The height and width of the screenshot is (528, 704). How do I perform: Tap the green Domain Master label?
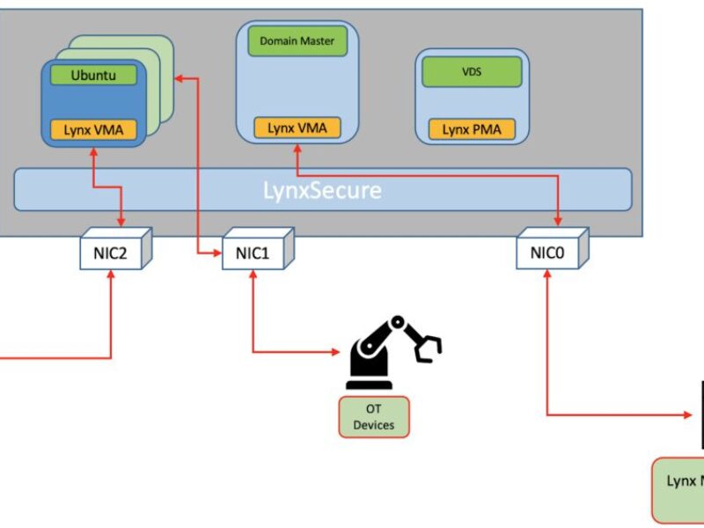(x=297, y=40)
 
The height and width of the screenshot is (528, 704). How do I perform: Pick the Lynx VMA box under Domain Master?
(x=297, y=128)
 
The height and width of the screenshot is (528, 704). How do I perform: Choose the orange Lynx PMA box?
(x=472, y=129)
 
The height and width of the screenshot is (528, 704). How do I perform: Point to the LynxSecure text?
(x=323, y=189)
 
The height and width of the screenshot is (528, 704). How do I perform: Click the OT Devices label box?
(x=374, y=417)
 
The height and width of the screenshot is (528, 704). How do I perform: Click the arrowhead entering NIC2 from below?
(x=112, y=275)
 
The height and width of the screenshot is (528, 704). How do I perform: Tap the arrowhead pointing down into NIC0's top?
(x=558, y=221)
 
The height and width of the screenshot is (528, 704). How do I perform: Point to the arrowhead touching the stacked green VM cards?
(x=179, y=79)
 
